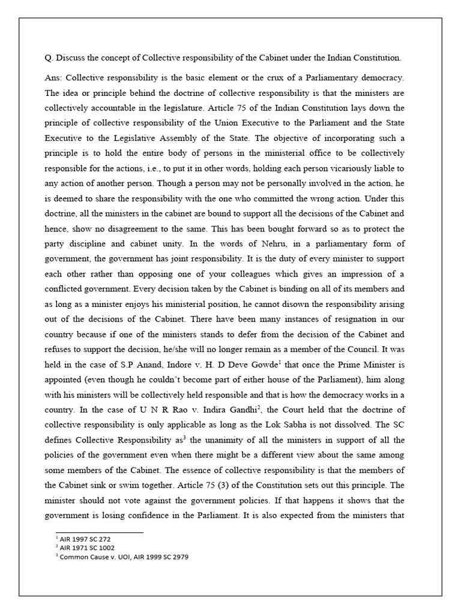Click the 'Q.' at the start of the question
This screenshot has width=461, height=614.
click(x=49, y=58)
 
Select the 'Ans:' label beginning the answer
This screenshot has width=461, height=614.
click(x=53, y=79)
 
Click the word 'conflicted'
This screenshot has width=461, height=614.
click(x=67, y=274)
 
